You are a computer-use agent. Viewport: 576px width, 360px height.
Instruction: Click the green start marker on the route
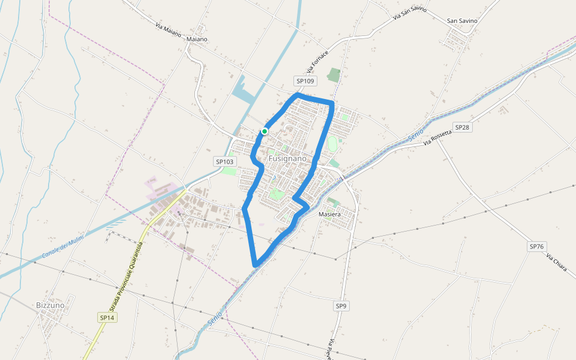264,131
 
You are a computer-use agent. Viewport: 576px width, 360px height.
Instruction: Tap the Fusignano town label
287,158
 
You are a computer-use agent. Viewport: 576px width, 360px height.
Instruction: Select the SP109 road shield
305,81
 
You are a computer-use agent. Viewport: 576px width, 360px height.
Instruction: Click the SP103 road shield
224,161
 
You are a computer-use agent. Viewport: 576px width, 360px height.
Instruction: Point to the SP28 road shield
462,127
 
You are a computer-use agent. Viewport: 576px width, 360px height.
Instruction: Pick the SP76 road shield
537,247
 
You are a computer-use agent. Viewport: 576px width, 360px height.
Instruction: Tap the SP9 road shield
341,306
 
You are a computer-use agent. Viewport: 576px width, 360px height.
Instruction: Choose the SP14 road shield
107,317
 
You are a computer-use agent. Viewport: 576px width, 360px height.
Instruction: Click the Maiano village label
197,39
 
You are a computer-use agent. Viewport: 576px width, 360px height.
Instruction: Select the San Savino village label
462,20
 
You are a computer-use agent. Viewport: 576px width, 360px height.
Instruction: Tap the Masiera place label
330,214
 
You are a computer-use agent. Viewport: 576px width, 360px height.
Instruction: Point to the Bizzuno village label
50,305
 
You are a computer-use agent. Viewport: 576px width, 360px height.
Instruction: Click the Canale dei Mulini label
64,247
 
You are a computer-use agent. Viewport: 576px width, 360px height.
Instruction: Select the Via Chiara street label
557,262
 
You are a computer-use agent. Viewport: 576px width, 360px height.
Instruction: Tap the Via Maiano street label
168,30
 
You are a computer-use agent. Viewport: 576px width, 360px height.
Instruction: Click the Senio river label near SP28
416,135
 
